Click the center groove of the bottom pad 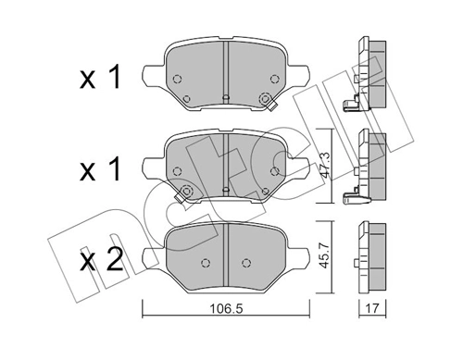(227, 254)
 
